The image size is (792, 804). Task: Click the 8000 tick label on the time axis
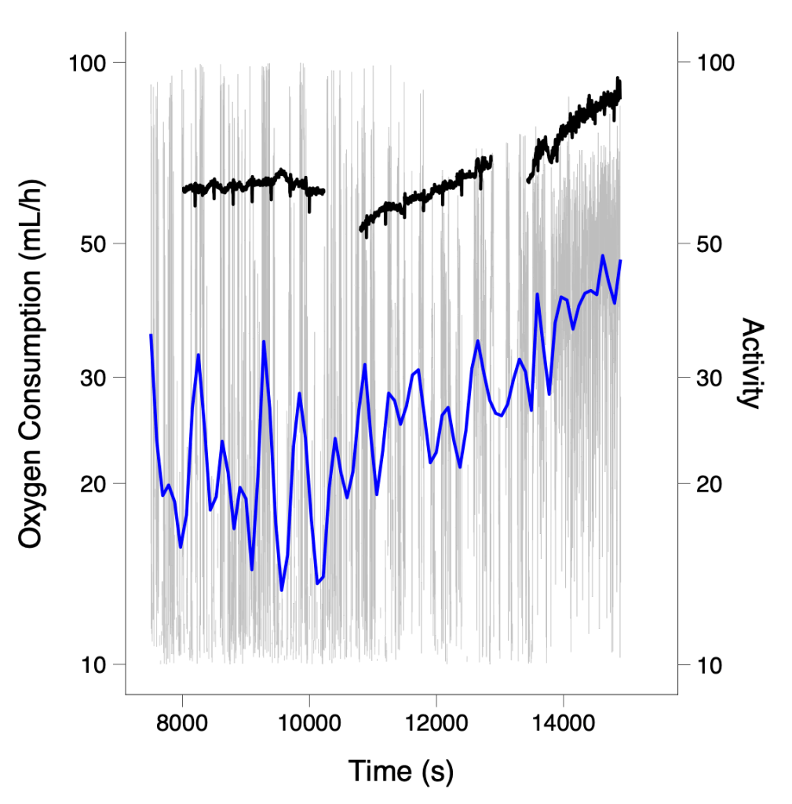182,724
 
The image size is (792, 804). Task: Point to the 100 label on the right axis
716,63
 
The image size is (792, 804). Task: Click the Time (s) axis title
401,771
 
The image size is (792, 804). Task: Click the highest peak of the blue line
603,255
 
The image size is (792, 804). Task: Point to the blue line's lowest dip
282,590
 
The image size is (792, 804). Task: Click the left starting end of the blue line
151,335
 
